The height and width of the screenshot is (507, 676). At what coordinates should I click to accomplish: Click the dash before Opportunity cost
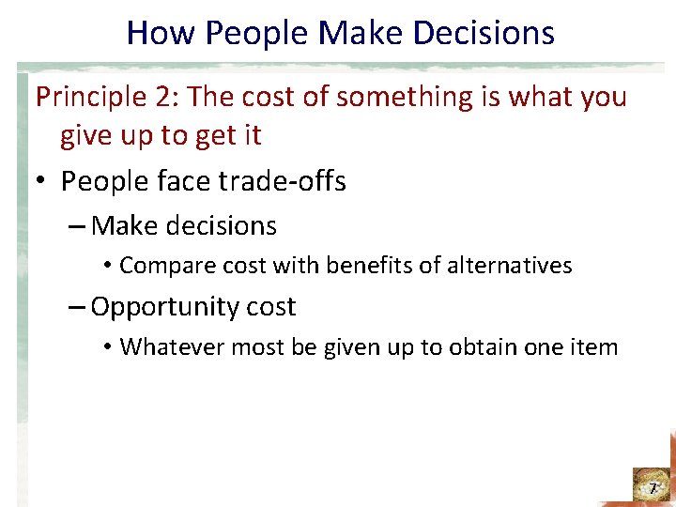click(77, 307)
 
